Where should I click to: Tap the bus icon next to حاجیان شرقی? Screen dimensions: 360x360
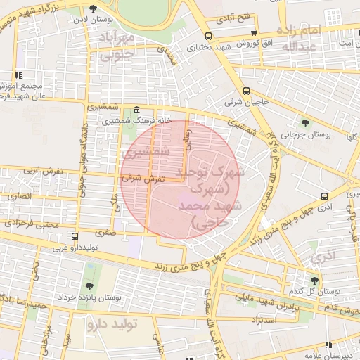click(245, 91)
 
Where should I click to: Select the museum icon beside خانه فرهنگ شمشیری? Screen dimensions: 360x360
click(136, 110)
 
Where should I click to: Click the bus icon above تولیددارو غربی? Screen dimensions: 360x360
click(75, 236)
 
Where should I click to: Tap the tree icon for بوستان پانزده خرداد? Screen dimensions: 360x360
click(89, 285)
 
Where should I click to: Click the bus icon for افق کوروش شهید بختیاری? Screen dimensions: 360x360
click(207, 36)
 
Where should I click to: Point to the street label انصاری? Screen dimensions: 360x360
click(20, 195)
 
